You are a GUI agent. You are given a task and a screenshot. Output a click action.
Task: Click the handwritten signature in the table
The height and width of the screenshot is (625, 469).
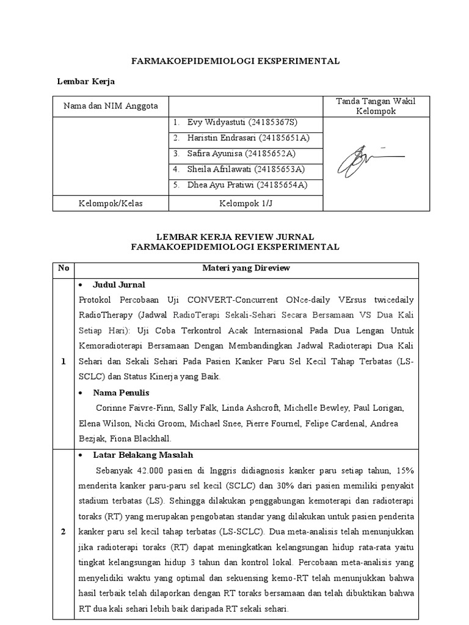(x=370, y=157)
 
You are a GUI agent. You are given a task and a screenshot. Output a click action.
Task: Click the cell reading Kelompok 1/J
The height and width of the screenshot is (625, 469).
(x=245, y=203)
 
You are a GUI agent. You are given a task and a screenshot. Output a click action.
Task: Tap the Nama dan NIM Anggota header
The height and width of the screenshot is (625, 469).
(x=111, y=106)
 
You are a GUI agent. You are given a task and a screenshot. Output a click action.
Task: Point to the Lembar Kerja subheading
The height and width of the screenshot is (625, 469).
(x=86, y=81)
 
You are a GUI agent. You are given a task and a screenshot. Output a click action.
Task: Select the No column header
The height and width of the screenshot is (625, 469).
(x=64, y=268)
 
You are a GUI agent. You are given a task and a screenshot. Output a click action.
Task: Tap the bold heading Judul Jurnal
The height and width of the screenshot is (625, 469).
(x=118, y=285)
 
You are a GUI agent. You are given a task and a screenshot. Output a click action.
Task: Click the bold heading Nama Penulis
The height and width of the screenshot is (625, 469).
(x=121, y=392)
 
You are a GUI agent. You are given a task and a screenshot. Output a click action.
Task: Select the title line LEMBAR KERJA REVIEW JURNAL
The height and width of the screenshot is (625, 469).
(x=236, y=236)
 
